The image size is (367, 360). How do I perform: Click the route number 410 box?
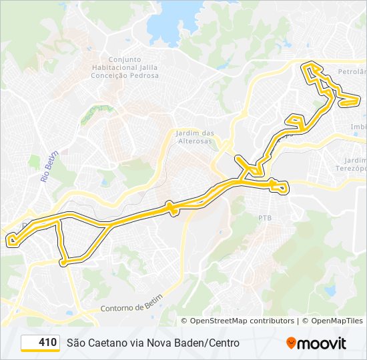click(x=40, y=343)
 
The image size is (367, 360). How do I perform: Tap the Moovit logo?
click(x=316, y=343)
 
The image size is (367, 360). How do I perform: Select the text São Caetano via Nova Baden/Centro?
click(x=153, y=343)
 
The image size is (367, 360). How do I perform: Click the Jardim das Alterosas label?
click(x=194, y=137)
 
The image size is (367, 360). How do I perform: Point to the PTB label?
click(x=266, y=218)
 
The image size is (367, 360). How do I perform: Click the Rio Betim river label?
click(x=47, y=167)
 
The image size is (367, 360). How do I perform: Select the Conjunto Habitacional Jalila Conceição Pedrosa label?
click(x=131, y=67)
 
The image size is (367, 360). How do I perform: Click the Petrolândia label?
click(x=353, y=71)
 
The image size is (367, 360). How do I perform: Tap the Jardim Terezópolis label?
click(x=354, y=165)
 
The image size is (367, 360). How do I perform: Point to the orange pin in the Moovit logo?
click(x=292, y=343)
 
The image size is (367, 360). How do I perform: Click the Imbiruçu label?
click(x=358, y=127)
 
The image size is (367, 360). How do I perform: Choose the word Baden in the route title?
click(x=188, y=343)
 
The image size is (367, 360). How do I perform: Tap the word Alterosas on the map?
click(x=194, y=141)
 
